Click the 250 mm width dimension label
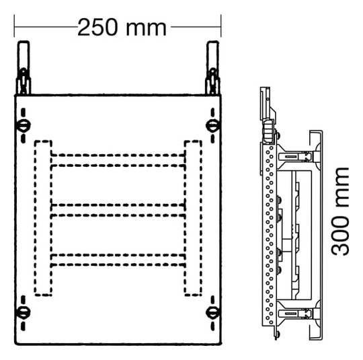122,28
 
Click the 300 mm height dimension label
340,211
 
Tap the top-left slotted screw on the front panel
24,125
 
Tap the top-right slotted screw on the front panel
212,125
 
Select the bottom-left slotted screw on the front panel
23,313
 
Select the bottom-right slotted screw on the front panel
212,313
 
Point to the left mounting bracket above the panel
24,68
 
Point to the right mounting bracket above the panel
212,68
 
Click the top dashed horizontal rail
118,160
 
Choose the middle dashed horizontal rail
118,210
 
